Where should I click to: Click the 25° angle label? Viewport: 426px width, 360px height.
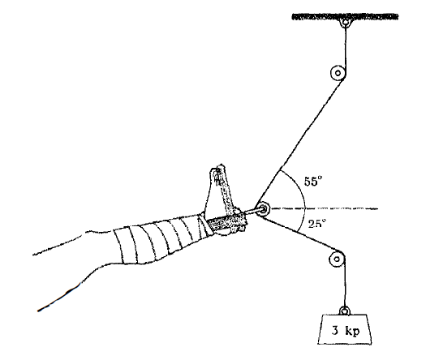click(x=316, y=224)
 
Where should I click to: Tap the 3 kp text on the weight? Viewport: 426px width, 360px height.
click(x=346, y=331)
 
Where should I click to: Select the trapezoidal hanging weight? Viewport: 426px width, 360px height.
click(x=345, y=329)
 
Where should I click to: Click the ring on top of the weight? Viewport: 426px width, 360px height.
click(x=345, y=311)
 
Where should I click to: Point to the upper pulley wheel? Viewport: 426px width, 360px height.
click(x=338, y=73)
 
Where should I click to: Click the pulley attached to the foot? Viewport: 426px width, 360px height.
click(x=263, y=209)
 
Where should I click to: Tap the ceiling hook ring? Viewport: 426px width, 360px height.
click(x=346, y=22)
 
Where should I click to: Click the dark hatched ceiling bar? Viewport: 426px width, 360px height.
click(x=345, y=17)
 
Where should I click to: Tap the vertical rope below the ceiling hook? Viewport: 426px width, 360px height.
click(x=346, y=49)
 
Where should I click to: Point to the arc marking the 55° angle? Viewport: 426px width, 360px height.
click(x=297, y=186)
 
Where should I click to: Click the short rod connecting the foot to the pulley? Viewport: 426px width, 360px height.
click(x=252, y=212)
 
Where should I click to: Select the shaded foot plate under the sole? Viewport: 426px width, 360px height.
click(x=226, y=221)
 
